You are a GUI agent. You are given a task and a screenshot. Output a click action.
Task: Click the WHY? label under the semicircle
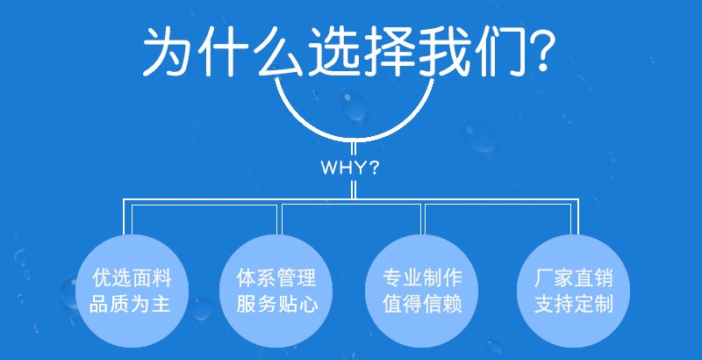(349, 168)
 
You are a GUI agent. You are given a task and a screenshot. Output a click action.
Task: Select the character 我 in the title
(445, 51)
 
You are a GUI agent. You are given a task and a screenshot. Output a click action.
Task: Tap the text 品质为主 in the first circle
(130, 304)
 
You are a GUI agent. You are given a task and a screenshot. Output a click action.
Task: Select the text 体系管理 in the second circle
(276, 278)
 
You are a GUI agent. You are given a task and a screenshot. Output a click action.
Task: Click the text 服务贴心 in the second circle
(277, 304)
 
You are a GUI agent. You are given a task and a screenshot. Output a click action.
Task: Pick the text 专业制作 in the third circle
(422, 278)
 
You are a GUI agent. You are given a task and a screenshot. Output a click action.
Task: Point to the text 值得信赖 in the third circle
(422, 304)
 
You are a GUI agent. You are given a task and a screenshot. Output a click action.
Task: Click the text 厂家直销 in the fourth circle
(574, 278)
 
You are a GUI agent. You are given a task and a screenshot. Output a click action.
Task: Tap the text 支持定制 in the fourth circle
(574, 304)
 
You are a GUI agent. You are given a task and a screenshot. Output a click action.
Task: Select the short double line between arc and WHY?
(354, 149)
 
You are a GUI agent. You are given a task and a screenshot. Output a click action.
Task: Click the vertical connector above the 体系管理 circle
(279, 220)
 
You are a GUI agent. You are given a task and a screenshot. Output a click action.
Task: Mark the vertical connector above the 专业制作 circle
(423, 220)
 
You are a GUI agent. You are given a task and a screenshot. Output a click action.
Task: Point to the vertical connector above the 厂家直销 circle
(575, 217)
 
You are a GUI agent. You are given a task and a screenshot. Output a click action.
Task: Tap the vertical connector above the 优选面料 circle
(127, 217)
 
